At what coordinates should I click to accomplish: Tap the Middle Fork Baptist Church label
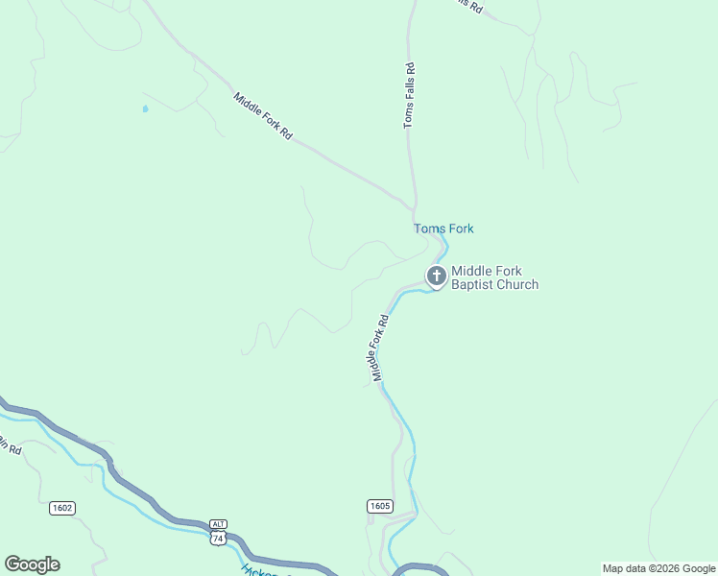tap(494, 277)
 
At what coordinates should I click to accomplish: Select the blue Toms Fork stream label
tap(443, 228)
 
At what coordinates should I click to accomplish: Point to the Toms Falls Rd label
tap(409, 95)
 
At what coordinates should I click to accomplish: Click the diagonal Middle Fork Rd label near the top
tap(262, 116)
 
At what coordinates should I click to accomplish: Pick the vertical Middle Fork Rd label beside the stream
tap(379, 348)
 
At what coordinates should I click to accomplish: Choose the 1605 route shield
tap(379, 505)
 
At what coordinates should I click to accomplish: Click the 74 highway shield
tap(218, 540)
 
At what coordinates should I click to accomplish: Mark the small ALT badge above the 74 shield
tap(218, 524)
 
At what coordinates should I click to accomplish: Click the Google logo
tap(32, 564)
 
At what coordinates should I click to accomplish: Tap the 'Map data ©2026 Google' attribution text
tap(659, 568)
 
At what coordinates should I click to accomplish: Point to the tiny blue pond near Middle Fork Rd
tap(145, 108)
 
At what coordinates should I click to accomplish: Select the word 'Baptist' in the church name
tap(472, 284)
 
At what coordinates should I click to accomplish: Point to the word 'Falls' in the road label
tap(409, 89)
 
